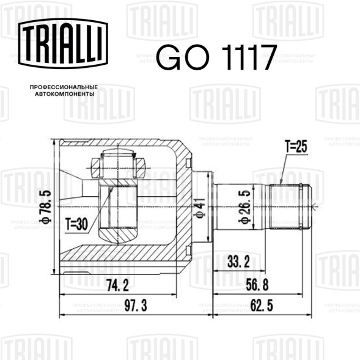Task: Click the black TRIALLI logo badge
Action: pyautogui.click(x=63, y=43)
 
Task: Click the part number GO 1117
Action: pyautogui.click(x=217, y=57)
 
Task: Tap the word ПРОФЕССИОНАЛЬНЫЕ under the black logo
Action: pyautogui.click(x=64, y=87)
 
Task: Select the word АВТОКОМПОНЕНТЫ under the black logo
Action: pyautogui.click(x=65, y=94)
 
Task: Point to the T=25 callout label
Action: pyautogui.click(x=296, y=146)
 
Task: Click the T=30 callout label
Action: pyautogui.click(x=76, y=224)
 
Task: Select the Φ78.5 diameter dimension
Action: pyautogui.click(x=45, y=207)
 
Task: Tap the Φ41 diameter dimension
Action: pyautogui.click(x=199, y=208)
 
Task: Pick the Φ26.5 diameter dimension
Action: pyautogui.click(x=244, y=207)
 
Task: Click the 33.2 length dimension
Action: pyautogui.click(x=238, y=262)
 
